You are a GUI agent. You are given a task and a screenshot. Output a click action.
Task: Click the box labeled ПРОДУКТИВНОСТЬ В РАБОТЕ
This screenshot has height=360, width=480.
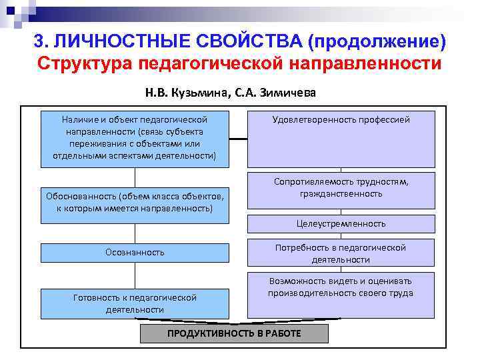234,333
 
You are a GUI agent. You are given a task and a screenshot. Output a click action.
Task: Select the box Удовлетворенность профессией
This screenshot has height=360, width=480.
341,139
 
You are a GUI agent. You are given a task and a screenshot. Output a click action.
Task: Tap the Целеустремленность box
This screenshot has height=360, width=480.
341,224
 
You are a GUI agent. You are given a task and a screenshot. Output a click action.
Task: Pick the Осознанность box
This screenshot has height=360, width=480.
135,253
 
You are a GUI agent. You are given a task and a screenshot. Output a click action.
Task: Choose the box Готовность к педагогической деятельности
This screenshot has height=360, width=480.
135,303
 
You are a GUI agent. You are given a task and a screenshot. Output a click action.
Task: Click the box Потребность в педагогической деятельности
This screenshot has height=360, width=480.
341,253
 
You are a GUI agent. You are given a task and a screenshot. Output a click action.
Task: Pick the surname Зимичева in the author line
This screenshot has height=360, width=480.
288,93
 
